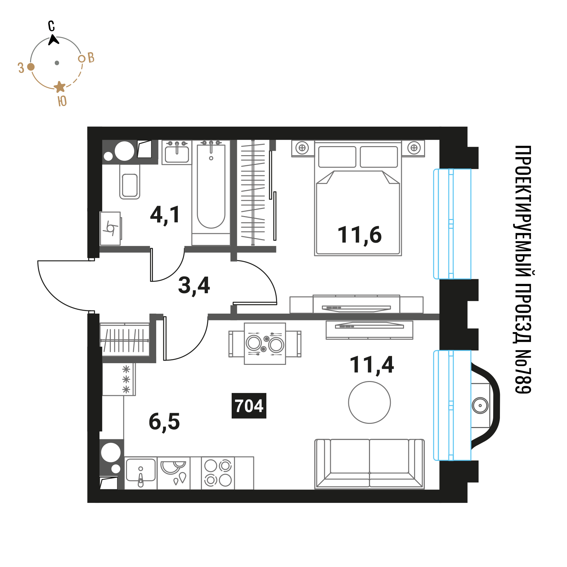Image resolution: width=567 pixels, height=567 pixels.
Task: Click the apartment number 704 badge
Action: click(x=249, y=406)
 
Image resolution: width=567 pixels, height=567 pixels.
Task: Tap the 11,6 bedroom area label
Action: click(x=360, y=235)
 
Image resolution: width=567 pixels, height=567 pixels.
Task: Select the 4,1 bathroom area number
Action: click(x=165, y=215)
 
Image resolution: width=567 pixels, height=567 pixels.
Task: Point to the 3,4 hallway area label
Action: click(x=194, y=285)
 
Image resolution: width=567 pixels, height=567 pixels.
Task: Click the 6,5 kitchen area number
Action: click(x=164, y=422)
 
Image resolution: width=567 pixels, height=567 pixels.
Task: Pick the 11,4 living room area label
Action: click(x=372, y=365)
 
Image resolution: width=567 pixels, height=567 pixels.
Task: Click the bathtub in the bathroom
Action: click(x=211, y=187)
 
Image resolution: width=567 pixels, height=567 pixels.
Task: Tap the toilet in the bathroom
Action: click(x=130, y=181)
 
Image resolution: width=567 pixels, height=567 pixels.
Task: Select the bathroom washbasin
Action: click(x=177, y=153)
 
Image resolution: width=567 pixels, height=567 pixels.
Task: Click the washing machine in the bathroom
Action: click(x=110, y=228)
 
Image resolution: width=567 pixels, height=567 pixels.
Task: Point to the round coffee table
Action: click(x=369, y=402)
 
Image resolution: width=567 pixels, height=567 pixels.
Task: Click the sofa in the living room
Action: click(x=369, y=464)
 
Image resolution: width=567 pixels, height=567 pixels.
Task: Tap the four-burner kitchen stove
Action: click(x=218, y=473)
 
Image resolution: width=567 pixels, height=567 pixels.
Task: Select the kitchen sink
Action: click(x=141, y=473)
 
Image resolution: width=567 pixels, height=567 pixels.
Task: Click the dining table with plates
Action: click(x=265, y=344)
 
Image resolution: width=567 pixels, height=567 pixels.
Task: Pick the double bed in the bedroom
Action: click(x=358, y=198)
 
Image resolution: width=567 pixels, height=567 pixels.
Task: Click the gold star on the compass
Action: click(x=60, y=87)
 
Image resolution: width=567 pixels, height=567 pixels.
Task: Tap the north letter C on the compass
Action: click(x=51, y=26)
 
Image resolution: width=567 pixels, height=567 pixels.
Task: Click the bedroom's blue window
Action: click(x=452, y=224)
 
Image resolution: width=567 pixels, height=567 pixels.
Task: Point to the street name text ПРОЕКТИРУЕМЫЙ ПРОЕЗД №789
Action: click(x=523, y=270)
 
